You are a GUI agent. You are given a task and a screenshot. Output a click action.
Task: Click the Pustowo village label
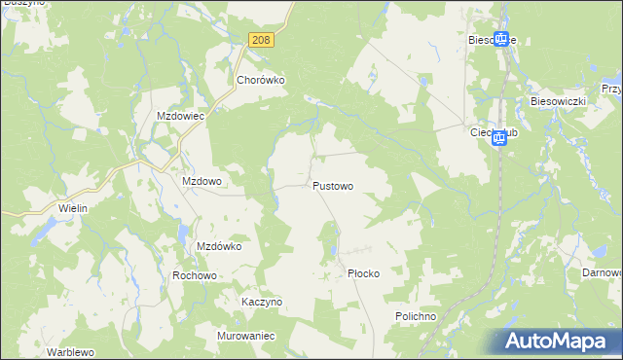[x=333, y=185]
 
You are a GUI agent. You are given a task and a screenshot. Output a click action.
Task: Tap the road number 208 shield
[x=260, y=40]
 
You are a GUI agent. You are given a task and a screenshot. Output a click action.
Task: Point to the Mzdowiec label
[x=180, y=115]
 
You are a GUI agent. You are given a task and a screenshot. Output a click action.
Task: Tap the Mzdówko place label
[x=219, y=246]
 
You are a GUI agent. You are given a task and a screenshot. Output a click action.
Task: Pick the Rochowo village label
[x=194, y=275]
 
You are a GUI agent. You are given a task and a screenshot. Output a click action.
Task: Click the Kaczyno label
[x=262, y=302]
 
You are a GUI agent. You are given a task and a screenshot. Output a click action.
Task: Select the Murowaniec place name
[x=247, y=335]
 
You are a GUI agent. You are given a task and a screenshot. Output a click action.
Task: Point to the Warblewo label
[x=75, y=350]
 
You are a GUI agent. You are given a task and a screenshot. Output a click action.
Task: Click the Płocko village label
[x=363, y=273]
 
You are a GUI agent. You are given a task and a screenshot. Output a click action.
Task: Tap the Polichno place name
[x=420, y=316]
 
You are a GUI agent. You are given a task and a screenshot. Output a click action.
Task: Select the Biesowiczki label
[x=557, y=100]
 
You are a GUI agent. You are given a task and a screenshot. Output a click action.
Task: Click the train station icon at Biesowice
[x=501, y=39]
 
